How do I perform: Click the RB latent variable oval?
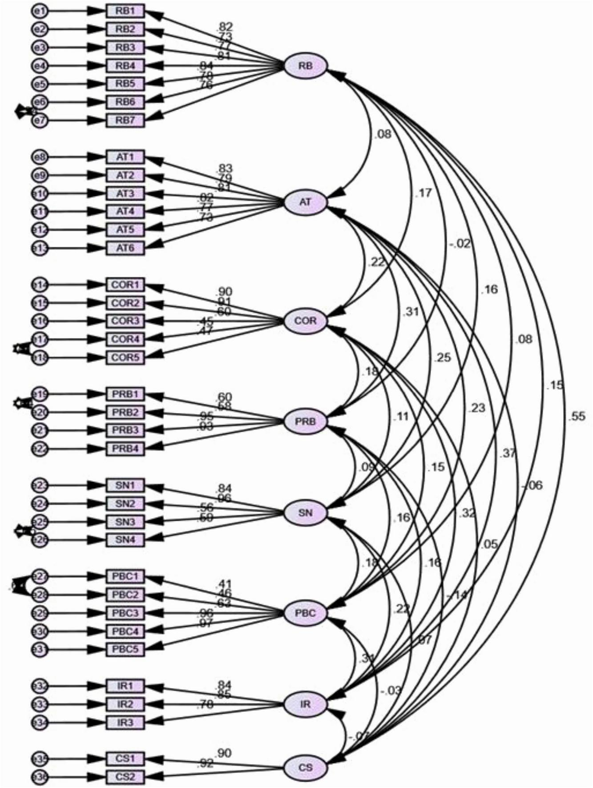tap(305, 66)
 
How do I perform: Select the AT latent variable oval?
tap(305, 202)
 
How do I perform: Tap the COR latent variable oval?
tap(305, 320)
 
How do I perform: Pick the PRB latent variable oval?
tap(305, 421)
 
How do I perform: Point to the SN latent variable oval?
tap(305, 513)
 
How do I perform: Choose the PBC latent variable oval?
tap(305, 613)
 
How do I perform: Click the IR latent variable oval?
tap(305, 704)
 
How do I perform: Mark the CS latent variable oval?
tap(305, 768)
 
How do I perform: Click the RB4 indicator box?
tap(125, 66)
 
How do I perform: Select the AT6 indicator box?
tap(125, 248)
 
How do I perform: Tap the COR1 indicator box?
tap(125, 285)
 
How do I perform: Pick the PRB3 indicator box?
tap(125, 430)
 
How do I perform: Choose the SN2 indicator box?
tap(125, 503)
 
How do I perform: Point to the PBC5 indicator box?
tap(125, 649)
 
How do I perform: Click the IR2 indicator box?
tap(125, 704)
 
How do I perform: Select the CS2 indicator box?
tap(125, 777)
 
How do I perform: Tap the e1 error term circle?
tap(39, 11)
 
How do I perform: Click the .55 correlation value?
tap(576, 417)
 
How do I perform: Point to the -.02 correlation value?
tap(460, 244)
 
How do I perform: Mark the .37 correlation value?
tap(508, 453)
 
